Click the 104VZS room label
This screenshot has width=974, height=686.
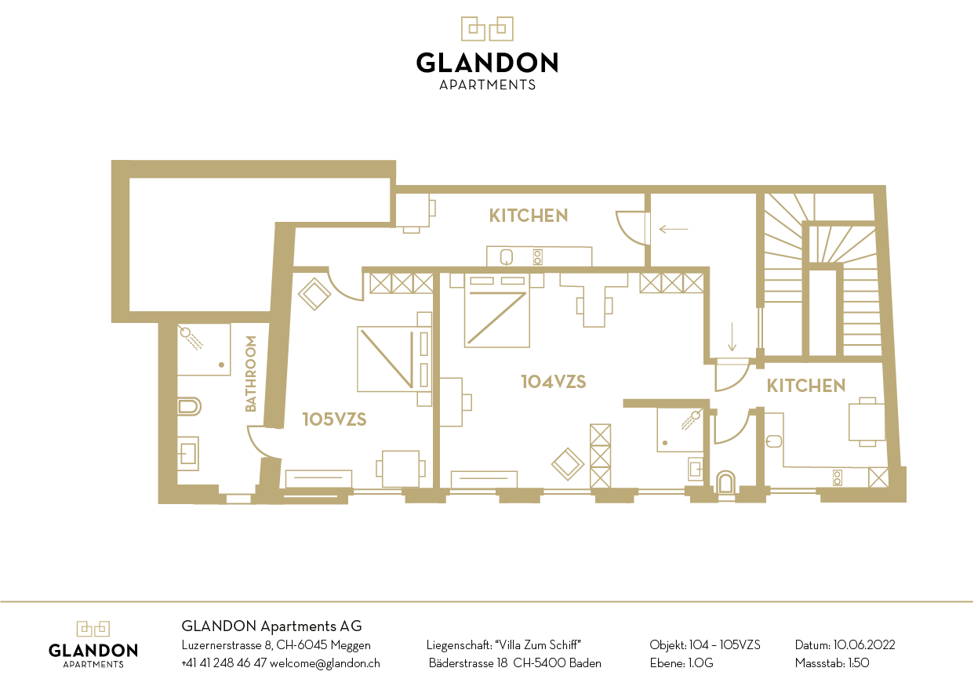click(553, 382)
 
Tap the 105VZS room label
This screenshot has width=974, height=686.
click(334, 419)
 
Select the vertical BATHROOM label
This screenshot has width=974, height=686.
click(251, 374)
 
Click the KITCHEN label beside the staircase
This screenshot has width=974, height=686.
click(805, 386)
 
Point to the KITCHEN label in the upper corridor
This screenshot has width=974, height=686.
click(529, 216)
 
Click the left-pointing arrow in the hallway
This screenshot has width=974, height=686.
click(674, 229)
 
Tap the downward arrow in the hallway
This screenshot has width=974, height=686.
click(732, 336)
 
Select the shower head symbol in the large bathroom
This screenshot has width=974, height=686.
click(191, 338)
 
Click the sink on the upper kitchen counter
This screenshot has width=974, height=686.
click(506, 257)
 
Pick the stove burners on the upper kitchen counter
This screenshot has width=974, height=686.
click(538, 257)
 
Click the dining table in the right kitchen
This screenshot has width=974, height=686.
click(867, 422)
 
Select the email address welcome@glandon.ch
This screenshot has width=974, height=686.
click(325, 663)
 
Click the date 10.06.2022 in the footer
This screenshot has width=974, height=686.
click(864, 644)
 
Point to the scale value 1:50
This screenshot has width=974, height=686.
click(859, 663)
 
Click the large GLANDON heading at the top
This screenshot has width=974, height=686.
click(487, 63)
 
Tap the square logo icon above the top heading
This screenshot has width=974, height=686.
click(487, 29)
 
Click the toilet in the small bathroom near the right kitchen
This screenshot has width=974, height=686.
click(725, 482)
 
